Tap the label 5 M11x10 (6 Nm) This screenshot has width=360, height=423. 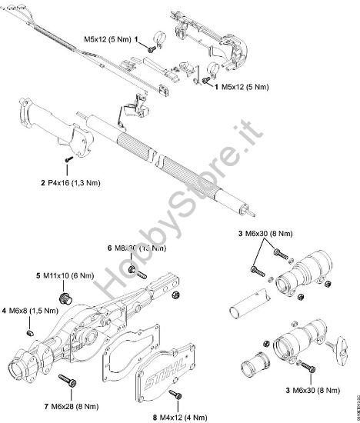coord(64,275)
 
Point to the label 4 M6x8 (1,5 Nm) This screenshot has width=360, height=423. coord(31,310)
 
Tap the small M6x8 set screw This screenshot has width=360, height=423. coord(28,332)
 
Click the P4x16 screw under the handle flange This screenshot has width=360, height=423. coord(69,157)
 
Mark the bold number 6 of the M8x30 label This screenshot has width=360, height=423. coord(110,248)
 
